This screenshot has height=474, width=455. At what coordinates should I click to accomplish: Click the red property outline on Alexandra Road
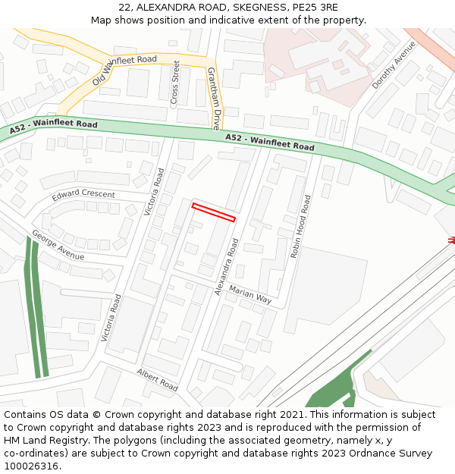[213, 212]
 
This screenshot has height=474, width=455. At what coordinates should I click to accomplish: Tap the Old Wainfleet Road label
[124, 70]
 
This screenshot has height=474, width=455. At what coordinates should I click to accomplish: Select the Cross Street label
[175, 82]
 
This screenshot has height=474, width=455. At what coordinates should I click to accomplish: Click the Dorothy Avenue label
[394, 65]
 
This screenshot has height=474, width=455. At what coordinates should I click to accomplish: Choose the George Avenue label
[58, 245]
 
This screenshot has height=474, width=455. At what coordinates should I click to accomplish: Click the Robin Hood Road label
[300, 227]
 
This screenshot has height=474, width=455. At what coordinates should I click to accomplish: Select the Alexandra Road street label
[227, 266]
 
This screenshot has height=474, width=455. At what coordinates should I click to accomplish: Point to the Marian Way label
[250, 295]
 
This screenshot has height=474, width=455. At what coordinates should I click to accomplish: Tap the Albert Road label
[157, 379]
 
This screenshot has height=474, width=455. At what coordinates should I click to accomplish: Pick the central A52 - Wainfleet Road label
[269, 142]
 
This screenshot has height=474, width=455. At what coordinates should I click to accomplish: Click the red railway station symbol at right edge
[451, 240]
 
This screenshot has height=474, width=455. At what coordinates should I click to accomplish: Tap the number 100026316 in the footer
[31, 466]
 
